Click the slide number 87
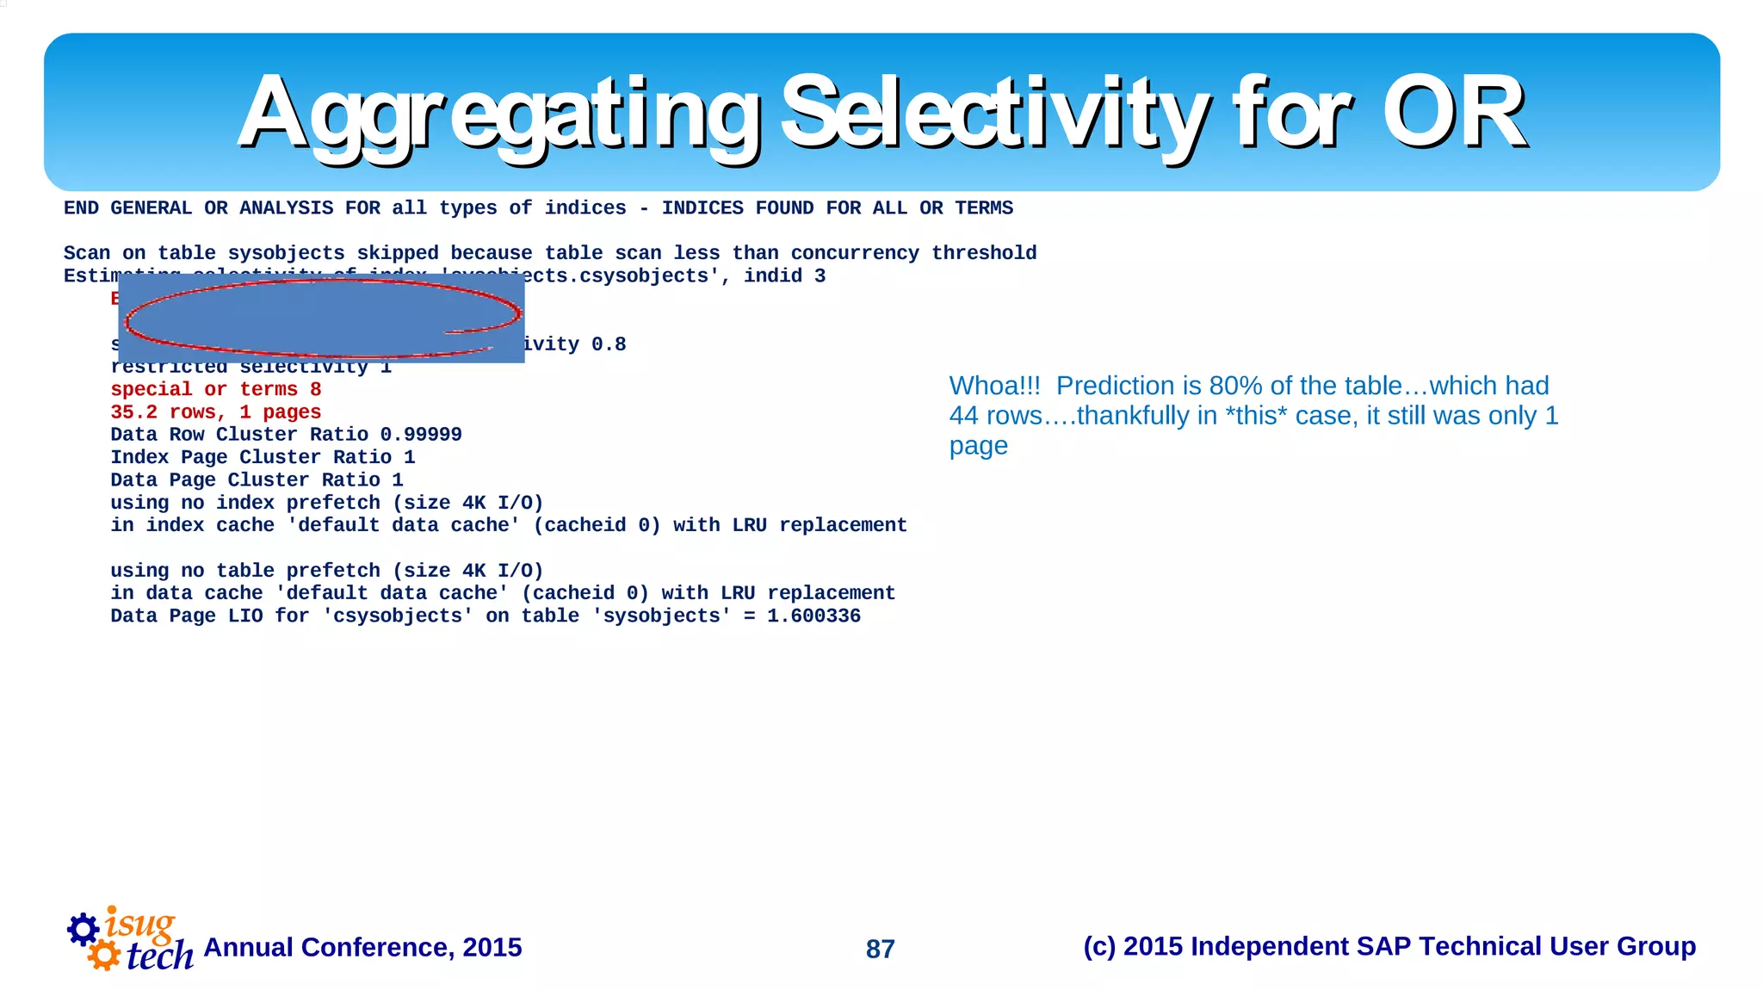tap(880, 949)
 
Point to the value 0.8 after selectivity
tap(609, 344)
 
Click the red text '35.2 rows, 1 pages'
tap(215, 412)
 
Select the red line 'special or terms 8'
tap(215, 390)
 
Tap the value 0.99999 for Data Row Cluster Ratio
tap(421, 435)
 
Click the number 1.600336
tap(813, 616)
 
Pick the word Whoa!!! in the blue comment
tap(994, 386)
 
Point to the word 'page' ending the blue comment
tap(978, 446)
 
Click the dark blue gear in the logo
tap(84, 929)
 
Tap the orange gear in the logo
tap(104, 955)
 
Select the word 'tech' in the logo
tap(160, 956)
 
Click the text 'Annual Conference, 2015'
tap(362, 947)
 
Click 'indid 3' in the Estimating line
tap(784, 276)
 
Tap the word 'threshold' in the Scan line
tap(984, 253)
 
